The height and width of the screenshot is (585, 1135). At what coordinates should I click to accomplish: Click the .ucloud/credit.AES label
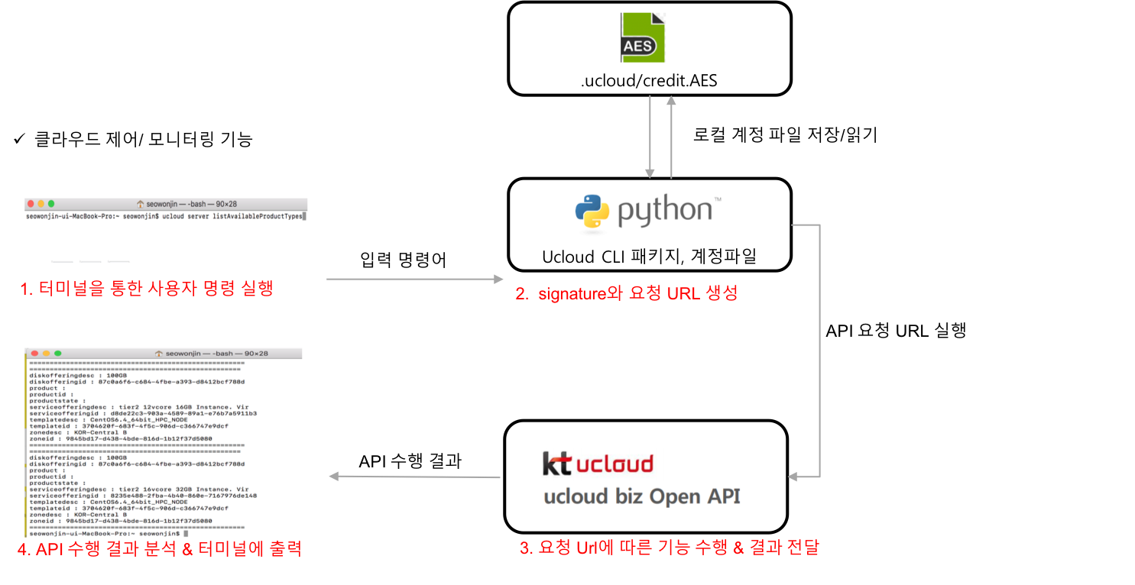click(649, 79)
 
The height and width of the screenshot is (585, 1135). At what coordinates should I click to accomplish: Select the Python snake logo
click(592, 212)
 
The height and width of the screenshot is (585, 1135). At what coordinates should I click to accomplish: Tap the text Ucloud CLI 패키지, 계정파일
click(649, 256)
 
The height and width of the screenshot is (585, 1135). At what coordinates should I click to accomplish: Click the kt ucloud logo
click(598, 464)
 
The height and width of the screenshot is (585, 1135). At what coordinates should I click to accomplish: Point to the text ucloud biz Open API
click(641, 497)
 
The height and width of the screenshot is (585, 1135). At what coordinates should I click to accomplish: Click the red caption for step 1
click(146, 289)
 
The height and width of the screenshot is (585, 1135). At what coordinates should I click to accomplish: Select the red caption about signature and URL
click(626, 293)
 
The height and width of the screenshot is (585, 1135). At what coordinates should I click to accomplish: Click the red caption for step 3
click(669, 548)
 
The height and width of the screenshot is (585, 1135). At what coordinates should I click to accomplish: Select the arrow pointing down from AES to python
click(650, 137)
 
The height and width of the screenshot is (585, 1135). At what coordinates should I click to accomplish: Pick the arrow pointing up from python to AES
click(672, 137)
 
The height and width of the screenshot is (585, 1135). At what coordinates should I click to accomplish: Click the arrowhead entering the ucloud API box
click(793, 477)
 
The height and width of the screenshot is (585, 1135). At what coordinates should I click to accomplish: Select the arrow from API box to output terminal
click(413, 477)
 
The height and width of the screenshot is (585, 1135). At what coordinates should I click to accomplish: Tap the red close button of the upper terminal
click(31, 204)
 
